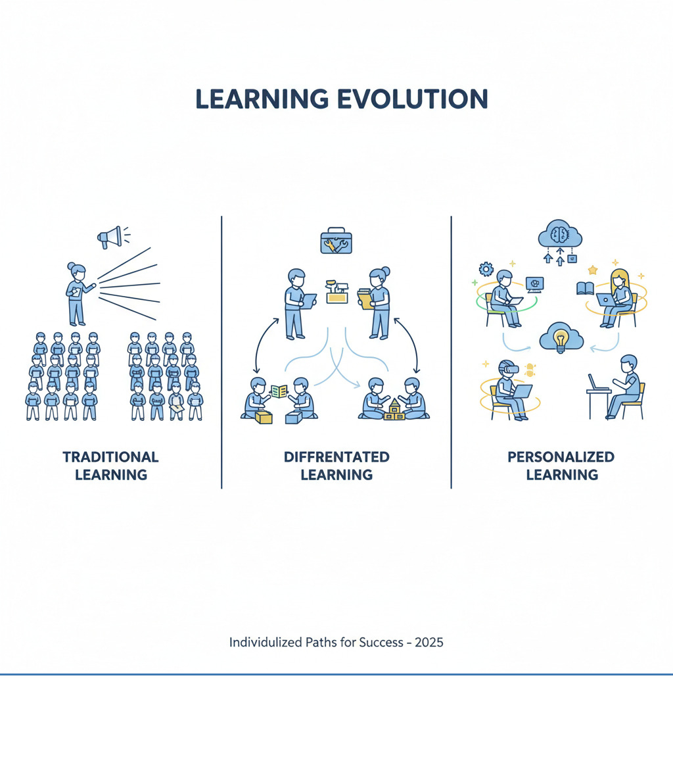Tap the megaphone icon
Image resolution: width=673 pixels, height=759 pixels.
[x=110, y=237]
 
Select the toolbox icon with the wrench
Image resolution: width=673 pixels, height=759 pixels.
[x=336, y=241]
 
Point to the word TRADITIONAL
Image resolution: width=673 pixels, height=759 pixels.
[x=110, y=456]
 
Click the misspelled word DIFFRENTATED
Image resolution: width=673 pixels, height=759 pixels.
[x=336, y=456]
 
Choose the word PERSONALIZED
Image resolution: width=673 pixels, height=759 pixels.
[x=561, y=456]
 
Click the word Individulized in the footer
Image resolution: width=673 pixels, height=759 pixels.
[x=269, y=642]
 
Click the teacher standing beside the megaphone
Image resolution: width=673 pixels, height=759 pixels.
[x=77, y=293]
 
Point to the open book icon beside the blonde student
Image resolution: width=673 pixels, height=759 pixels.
[x=585, y=288]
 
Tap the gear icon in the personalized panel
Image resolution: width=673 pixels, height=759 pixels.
[x=486, y=268]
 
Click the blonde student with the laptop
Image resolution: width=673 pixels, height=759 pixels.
[x=618, y=296]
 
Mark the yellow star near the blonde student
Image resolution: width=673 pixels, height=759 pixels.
[x=592, y=270]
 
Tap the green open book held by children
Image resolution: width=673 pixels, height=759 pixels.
[x=279, y=391]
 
